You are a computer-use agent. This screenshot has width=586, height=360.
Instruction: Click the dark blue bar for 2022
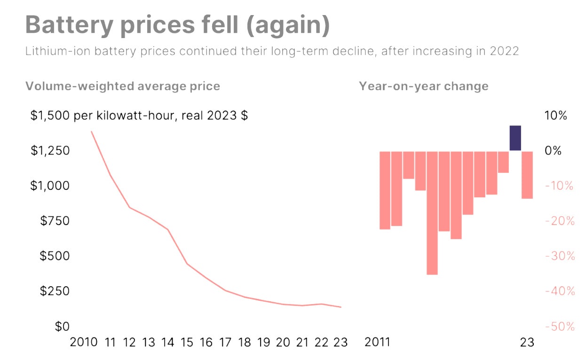(x=515, y=138)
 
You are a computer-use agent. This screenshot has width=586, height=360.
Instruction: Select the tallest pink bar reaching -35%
(x=432, y=213)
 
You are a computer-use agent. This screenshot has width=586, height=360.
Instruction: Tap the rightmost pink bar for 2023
(x=527, y=175)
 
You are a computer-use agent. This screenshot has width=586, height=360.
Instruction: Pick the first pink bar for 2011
(x=385, y=190)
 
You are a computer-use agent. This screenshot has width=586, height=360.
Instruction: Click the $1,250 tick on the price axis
(x=50, y=150)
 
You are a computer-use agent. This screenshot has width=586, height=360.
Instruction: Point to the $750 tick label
(x=55, y=221)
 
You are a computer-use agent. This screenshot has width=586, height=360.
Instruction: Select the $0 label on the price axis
(x=62, y=326)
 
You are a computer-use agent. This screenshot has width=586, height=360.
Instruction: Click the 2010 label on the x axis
(x=83, y=342)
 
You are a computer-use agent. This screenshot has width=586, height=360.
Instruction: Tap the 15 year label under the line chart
(x=187, y=342)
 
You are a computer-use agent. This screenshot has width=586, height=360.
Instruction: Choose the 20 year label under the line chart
(x=283, y=342)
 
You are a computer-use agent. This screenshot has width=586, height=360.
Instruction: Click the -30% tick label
(x=560, y=256)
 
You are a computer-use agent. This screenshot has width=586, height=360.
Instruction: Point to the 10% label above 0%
(x=555, y=115)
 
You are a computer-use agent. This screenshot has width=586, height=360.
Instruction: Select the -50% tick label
(x=560, y=327)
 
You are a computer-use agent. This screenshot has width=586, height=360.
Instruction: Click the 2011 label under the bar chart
(x=377, y=342)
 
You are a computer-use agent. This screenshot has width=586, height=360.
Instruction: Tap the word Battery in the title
(x=69, y=25)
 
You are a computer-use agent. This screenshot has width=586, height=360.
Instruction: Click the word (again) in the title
(x=288, y=25)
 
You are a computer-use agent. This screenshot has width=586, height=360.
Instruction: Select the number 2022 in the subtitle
(x=504, y=51)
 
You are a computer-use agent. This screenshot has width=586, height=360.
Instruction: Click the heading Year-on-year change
(x=424, y=86)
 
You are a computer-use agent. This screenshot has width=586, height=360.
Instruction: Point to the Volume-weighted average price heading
(x=123, y=86)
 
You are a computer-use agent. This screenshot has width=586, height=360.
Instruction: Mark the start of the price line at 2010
(x=91, y=132)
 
